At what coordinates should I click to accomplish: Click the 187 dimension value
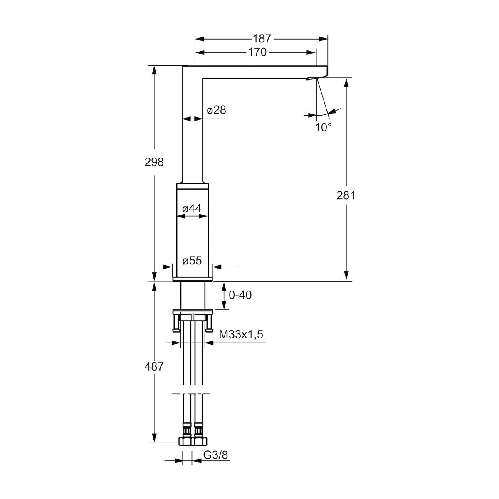tap(262, 39)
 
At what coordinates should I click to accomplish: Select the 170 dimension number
tap(257, 52)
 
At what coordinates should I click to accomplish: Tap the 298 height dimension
tap(154, 162)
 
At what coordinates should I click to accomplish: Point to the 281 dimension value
tap(346, 195)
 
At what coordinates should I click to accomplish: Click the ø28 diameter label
tap(217, 110)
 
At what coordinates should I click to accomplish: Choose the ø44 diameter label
tap(192, 208)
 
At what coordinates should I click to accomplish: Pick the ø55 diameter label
tap(192, 261)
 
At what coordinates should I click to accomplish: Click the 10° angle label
tap(324, 127)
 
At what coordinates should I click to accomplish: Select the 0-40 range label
tap(240, 295)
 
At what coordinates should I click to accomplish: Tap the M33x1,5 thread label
tap(241, 334)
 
